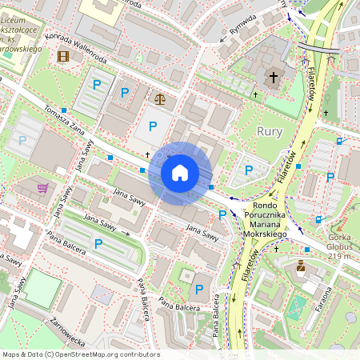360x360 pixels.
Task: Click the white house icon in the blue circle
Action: [x=180, y=173]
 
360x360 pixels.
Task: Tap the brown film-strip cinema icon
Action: [x=63, y=56]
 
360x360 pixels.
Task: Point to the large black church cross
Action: [x=274, y=78]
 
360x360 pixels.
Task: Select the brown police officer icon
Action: [x=301, y=266]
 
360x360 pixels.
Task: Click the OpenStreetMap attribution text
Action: [x=80, y=354]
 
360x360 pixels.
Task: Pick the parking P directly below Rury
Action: [x=249, y=170]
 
